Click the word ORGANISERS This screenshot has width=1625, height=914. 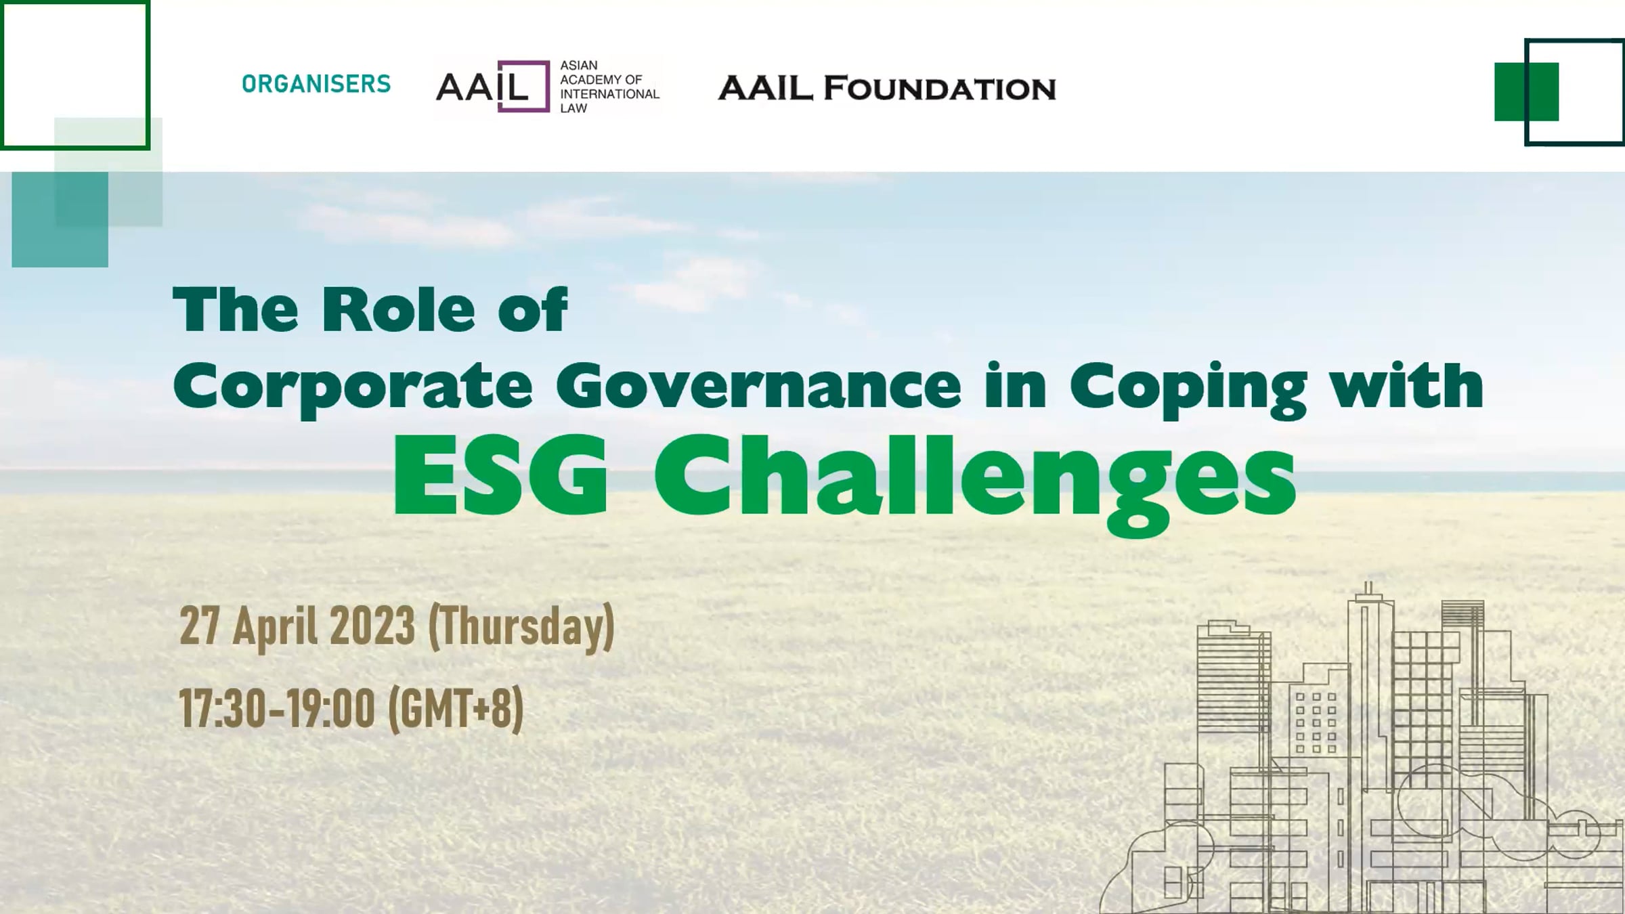point(316,84)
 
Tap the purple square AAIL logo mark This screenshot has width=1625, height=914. point(523,86)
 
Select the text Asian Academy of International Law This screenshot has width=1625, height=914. point(609,87)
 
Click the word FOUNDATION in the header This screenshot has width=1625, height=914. point(940,89)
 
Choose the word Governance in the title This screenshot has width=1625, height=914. point(758,386)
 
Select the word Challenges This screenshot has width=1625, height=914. point(975,484)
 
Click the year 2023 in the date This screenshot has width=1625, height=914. point(372,626)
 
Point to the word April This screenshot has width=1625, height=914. point(275,628)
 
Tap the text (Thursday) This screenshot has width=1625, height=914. point(521,628)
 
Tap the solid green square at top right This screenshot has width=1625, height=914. point(1526,91)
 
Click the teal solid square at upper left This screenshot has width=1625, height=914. point(60,219)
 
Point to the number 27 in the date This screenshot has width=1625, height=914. point(199,626)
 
